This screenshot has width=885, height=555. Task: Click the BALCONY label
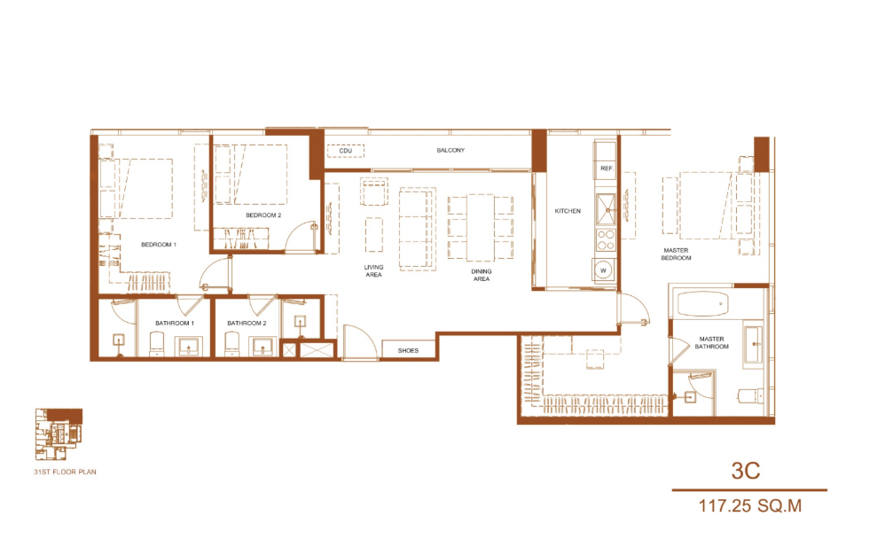450,151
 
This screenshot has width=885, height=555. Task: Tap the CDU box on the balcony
346,151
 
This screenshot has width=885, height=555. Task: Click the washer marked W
603,270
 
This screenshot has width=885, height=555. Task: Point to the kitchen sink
607,210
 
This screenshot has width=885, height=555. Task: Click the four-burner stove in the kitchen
606,239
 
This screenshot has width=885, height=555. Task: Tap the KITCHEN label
568,211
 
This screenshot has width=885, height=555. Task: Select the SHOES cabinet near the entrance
408,349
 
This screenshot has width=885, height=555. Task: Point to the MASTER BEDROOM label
677,254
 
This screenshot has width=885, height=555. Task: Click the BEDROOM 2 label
263,215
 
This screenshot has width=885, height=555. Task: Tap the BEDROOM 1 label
159,245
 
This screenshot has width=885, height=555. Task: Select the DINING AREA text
482,275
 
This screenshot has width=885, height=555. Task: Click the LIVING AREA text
373,270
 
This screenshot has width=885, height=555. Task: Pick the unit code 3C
746,471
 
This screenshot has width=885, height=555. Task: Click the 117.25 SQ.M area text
750,506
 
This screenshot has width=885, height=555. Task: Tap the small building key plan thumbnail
59,434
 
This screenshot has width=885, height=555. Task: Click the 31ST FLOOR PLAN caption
65,472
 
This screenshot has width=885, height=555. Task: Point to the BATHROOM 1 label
175,324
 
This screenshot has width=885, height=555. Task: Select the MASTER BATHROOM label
711,343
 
